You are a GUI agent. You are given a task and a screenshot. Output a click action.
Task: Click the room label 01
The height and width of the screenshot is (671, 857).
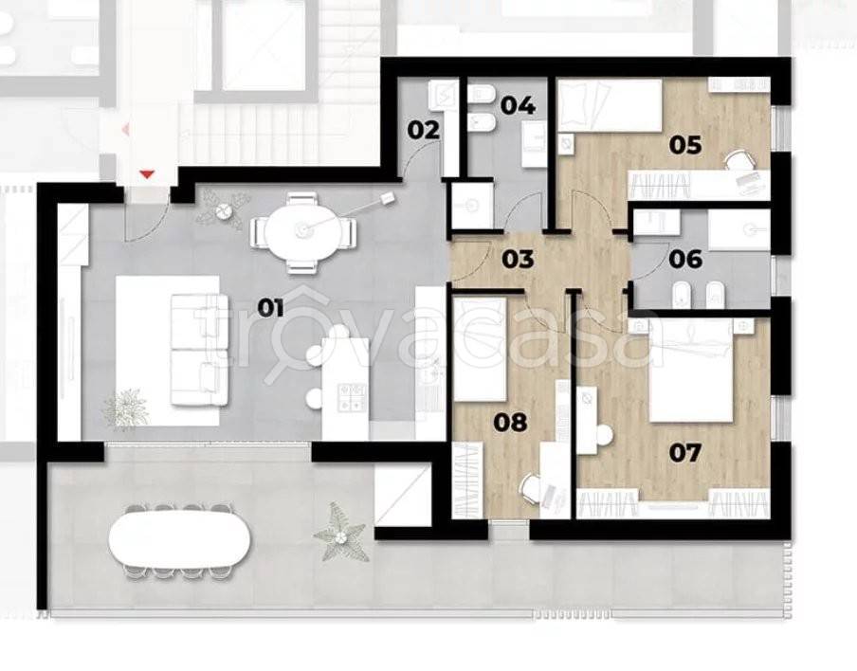(270, 309)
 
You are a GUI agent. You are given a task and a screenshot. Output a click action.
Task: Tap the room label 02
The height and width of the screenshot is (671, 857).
(424, 131)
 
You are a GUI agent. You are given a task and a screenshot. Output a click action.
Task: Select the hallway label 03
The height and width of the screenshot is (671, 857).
(518, 259)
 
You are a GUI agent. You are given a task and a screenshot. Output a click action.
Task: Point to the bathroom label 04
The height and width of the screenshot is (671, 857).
(518, 105)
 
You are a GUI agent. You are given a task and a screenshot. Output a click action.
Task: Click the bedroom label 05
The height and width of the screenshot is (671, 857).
(685, 145)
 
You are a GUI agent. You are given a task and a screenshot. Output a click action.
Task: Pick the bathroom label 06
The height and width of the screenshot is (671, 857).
(685, 259)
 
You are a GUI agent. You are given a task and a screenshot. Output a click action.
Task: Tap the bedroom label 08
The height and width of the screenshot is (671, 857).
(510, 422)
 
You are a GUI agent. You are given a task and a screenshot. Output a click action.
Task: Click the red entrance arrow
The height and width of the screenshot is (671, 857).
(147, 174)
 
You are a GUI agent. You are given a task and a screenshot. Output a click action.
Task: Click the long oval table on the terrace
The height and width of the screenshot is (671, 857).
(179, 540)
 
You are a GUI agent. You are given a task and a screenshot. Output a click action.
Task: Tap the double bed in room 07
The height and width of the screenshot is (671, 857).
(691, 372)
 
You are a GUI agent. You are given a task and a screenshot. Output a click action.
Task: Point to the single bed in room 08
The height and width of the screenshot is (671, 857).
(480, 350)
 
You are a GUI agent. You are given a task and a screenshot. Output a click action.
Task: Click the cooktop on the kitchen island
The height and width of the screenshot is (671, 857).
(352, 397)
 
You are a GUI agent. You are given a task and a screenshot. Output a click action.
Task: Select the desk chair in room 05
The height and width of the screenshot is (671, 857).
(740, 161)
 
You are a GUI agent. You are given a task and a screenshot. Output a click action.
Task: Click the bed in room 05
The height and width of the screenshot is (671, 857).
(610, 105)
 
